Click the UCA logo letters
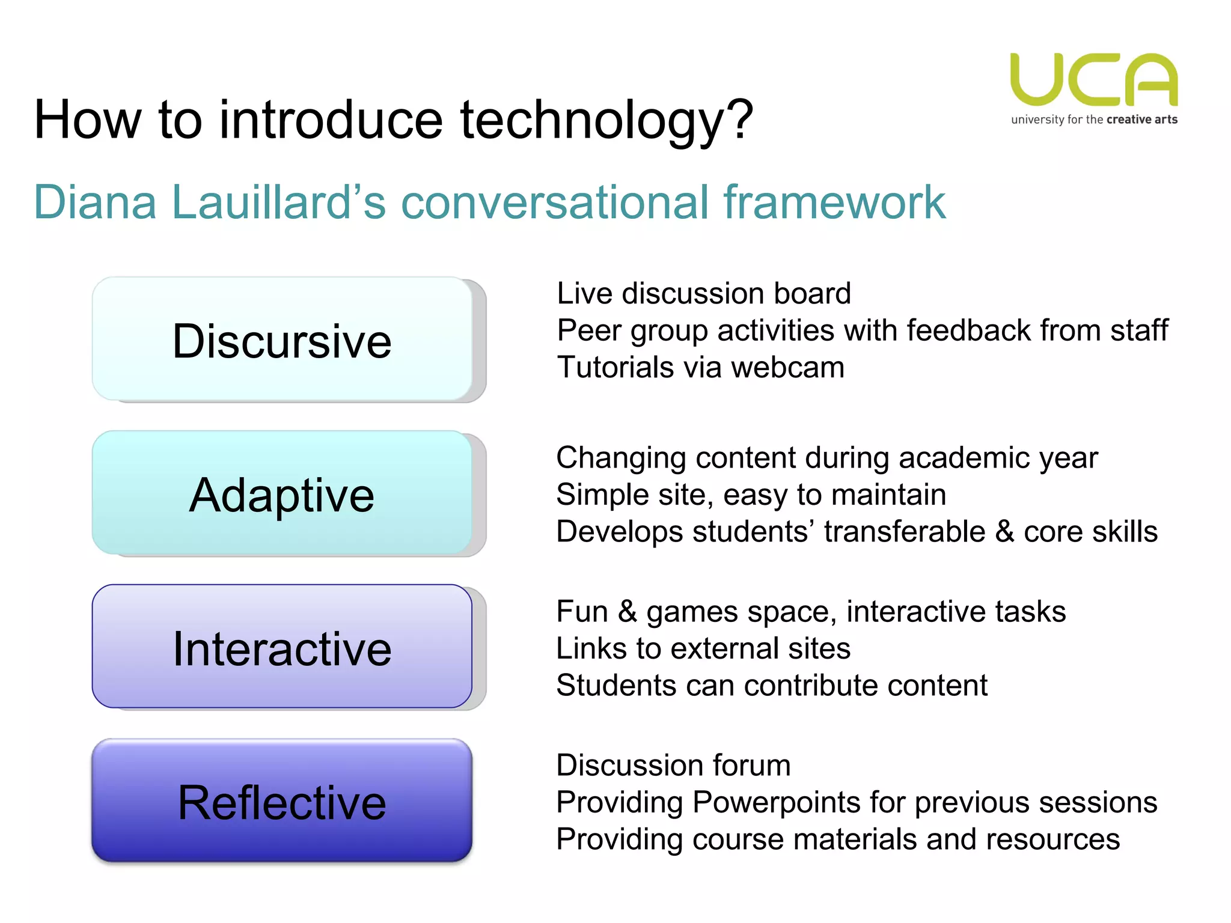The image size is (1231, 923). click(x=1094, y=79)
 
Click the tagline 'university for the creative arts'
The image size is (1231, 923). click(x=1094, y=120)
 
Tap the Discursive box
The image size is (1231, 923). click(x=282, y=340)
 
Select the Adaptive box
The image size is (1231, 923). click(x=282, y=493)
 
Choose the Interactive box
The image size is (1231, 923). click(x=282, y=647)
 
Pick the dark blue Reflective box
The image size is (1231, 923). click(x=282, y=801)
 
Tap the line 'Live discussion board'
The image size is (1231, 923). click(x=703, y=294)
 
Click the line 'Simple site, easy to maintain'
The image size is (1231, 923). click(x=751, y=495)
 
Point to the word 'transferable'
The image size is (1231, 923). click(x=905, y=532)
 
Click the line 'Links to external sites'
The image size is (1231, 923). click(x=703, y=648)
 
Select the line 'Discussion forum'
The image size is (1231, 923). click(x=673, y=766)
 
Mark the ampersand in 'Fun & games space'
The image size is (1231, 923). click(x=628, y=612)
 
